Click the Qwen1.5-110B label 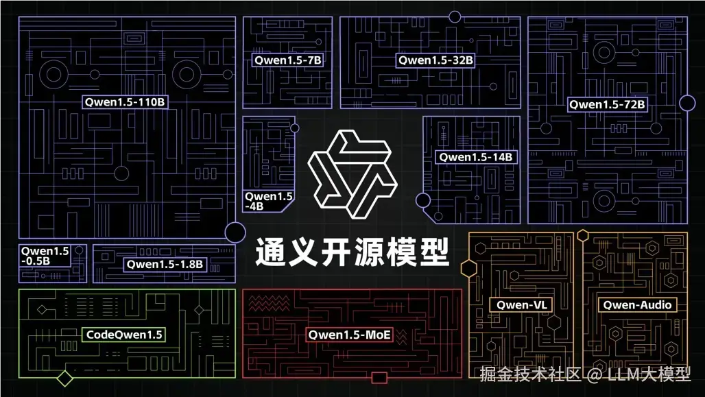[127, 102]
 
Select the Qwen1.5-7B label [288, 60]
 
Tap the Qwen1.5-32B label [436, 60]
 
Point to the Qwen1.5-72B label [607, 105]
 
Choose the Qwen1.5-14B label [476, 157]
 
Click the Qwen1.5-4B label [269, 201]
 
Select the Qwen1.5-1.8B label [165, 264]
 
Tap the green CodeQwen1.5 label [124, 335]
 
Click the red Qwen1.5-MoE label [350, 335]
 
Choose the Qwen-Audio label [637, 304]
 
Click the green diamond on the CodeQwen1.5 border [65, 378]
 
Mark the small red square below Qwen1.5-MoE [379, 377]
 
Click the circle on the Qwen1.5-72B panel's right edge [687, 104]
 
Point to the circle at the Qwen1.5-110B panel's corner [235, 232]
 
